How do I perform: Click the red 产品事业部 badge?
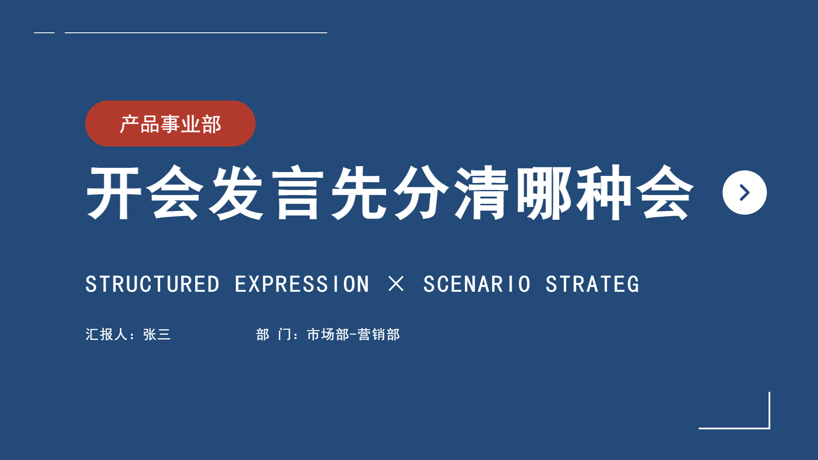[x=170, y=124]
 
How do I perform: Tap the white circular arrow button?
[x=744, y=193]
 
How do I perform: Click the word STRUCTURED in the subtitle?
[x=153, y=284]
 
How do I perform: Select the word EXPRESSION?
[x=302, y=284]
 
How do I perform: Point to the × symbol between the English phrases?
[x=396, y=284]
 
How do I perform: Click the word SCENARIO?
[x=477, y=284]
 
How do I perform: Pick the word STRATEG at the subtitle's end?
[x=592, y=284]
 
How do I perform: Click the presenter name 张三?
[x=157, y=334]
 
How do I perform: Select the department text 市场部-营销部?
[x=353, y=334]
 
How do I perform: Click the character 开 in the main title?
[x=114, y=193]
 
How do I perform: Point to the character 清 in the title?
[x=482, y=193]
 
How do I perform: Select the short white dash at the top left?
[x=44, y=32]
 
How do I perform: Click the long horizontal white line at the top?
[x=196, y=32]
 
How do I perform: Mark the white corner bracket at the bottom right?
[x=769, y=428]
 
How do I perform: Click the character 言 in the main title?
[x=298, y=193]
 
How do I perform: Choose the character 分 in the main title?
[x=421, y=193]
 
